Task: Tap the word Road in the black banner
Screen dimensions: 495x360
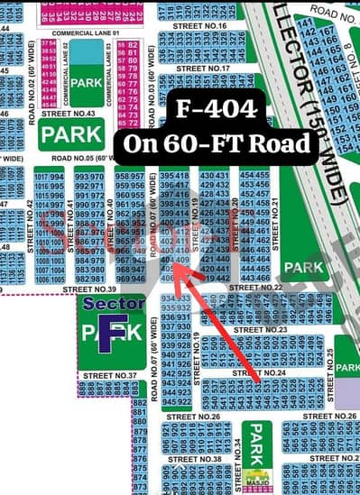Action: (281, 142)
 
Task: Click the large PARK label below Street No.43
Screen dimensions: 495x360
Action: (70, 135)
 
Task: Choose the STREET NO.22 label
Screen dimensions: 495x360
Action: (255, 287)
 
